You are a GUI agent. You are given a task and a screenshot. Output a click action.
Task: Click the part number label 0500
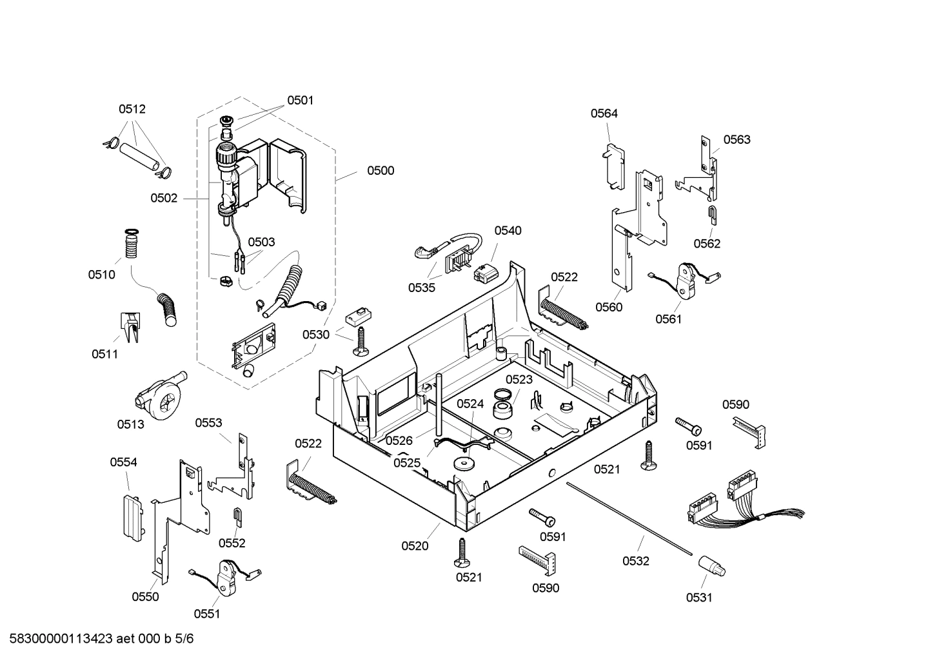coord(381,171)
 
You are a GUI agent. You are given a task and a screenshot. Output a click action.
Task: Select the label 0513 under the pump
coord(130,424)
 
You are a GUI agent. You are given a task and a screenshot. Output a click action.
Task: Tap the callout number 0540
coord(508,231)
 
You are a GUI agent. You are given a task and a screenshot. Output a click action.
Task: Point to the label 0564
coord(604,113)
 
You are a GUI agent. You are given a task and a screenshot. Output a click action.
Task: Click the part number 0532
coord(636,561)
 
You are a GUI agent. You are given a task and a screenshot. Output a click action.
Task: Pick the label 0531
coord(699,598)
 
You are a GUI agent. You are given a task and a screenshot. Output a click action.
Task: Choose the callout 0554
coord(123,462)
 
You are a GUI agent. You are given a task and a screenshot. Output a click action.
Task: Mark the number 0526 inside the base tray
coord(399,440)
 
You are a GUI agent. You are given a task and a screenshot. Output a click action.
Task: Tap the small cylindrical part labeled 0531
coord(712,567)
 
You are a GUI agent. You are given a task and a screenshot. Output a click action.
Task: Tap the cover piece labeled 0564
coord(614,166)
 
